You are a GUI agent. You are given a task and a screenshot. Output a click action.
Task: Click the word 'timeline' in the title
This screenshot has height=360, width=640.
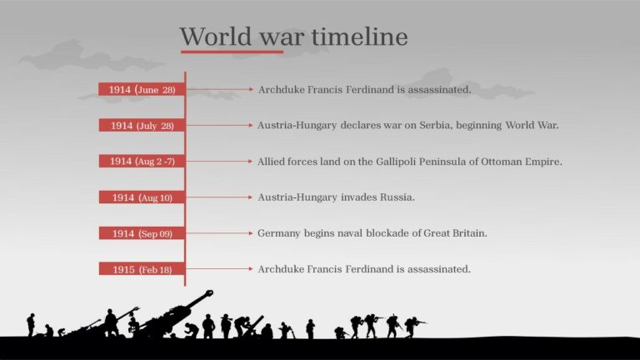point(359,37)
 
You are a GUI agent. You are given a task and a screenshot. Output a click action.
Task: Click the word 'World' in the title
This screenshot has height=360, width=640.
point(207,37)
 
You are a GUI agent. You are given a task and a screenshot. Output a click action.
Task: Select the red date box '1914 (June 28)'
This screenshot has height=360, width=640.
point(142,89)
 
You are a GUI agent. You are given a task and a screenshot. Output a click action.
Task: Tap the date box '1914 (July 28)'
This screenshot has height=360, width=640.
point(142,125)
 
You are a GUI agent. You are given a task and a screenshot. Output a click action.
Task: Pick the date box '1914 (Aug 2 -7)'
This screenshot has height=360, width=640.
point(142,161)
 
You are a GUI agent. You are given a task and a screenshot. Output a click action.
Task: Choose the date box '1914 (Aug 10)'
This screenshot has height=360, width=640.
point(142,197)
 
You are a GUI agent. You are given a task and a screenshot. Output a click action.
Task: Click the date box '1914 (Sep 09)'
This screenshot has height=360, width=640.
point(142,233)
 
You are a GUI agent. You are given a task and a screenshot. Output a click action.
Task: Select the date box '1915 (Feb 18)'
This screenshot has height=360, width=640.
point(142,269)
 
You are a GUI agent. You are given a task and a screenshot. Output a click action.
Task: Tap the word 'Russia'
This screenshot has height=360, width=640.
point(397,197)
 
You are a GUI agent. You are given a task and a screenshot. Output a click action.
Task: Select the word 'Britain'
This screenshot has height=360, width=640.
point(467,233)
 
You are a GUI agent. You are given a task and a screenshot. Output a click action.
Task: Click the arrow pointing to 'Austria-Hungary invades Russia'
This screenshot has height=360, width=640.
point(218,197)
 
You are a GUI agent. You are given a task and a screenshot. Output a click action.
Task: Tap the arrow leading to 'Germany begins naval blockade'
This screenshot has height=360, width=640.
point(218,233)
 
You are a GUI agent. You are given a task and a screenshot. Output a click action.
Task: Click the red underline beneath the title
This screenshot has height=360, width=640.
point(232,52)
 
